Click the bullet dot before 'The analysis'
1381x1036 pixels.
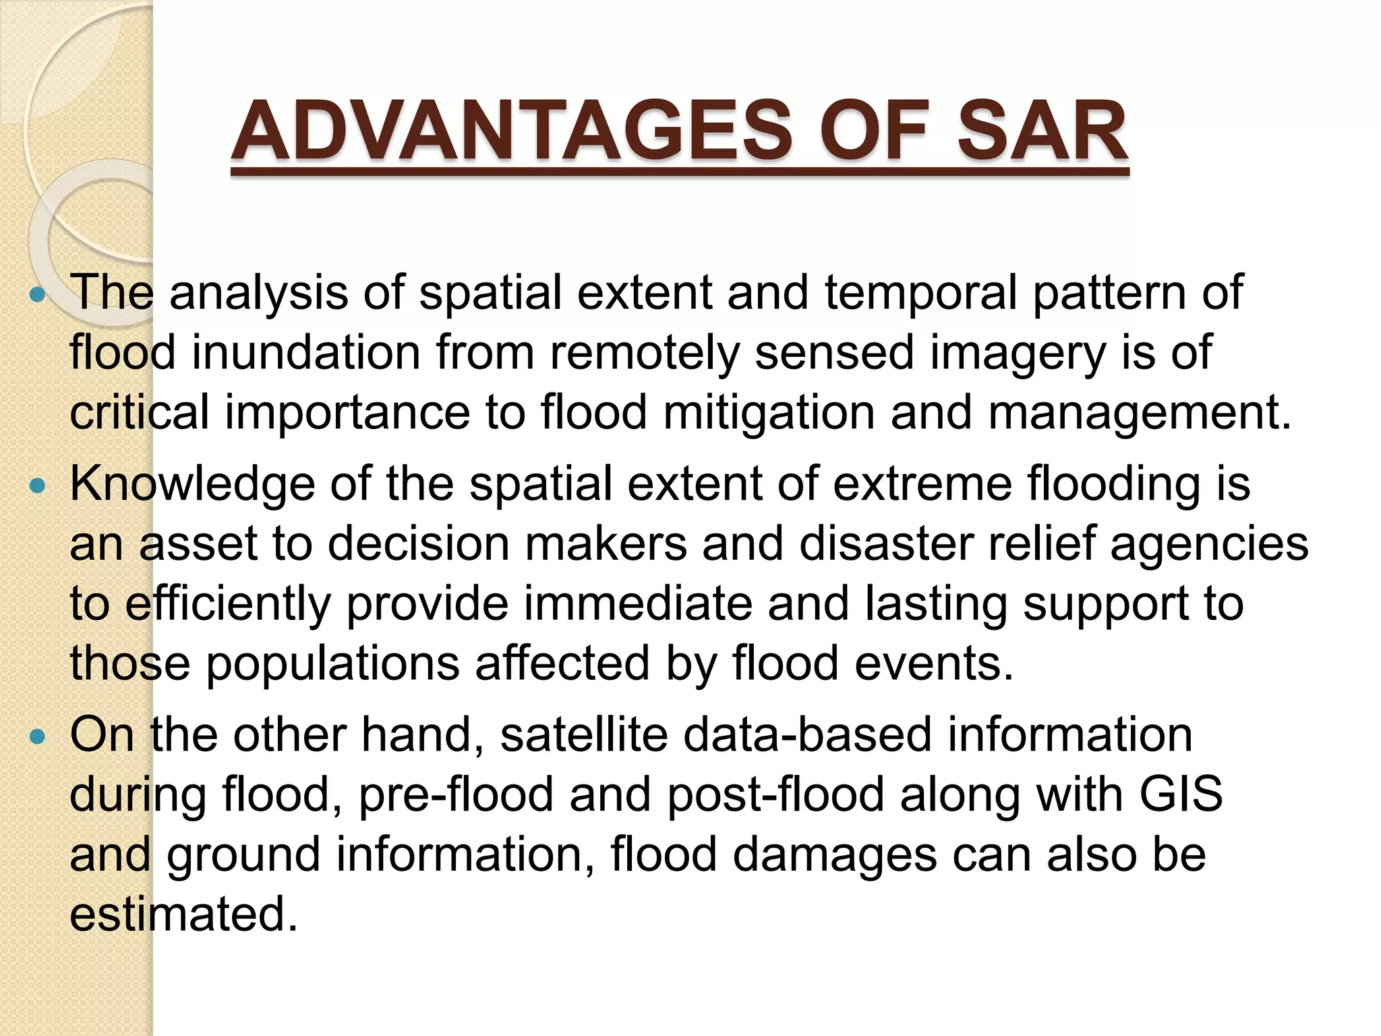(x=38, y=295)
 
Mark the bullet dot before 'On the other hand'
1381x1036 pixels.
(x=38, y=736)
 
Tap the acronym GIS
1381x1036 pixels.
(x=1181, y=794)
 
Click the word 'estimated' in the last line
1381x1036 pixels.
(x=183, y=914)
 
